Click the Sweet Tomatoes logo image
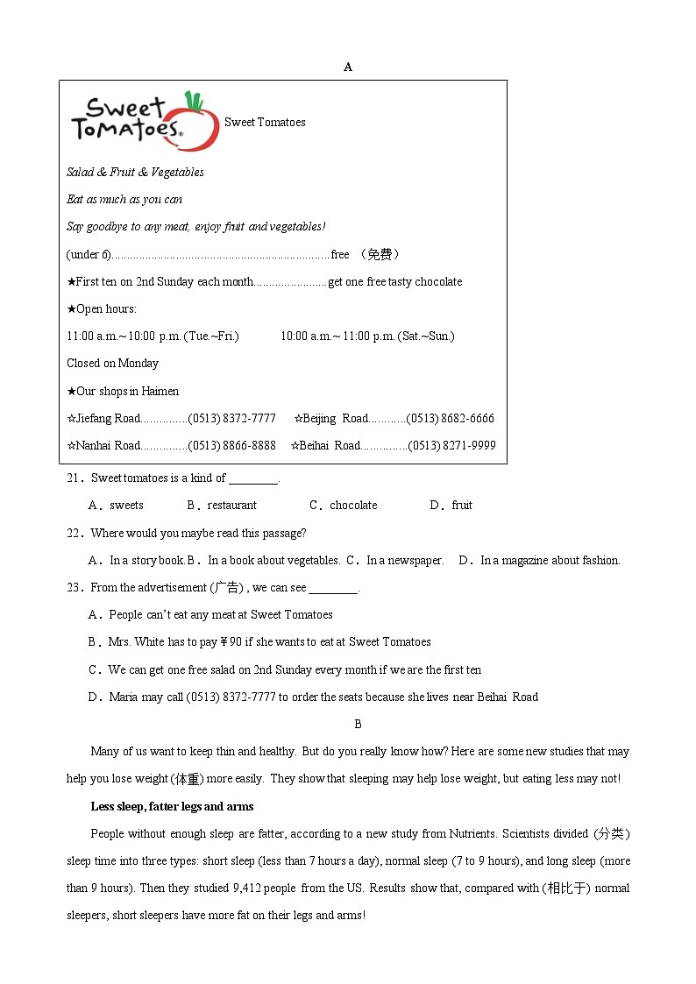click(x=144, y=121)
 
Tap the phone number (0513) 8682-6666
click(x=450, y=418)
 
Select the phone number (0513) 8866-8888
click(x=231, y=445)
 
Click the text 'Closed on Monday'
click(x=112, y=363)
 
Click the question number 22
click(x=74, y=533)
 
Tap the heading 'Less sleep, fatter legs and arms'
click(x=172, y=806)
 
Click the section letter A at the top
click(x=348, y=67)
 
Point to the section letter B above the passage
click(x=358, y=724)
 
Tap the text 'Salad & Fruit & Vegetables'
click(x=135, y=172)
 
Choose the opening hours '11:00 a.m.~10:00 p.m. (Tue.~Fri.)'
click(x=153, y=336)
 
